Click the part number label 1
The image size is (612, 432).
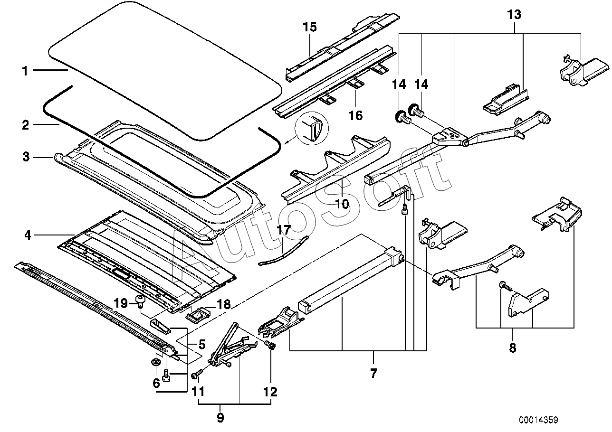tap(25, 71)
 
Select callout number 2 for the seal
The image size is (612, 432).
tap(25, 125)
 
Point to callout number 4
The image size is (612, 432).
tap(28, 235)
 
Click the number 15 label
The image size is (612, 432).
tap(309, 27)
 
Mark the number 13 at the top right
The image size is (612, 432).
tap(514, 15)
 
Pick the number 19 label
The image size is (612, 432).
tap(121, 303)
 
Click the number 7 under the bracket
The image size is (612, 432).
tap(373, 374)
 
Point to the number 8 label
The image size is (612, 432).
tap(512, 348)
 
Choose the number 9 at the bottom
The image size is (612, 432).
tap(220, 418)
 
